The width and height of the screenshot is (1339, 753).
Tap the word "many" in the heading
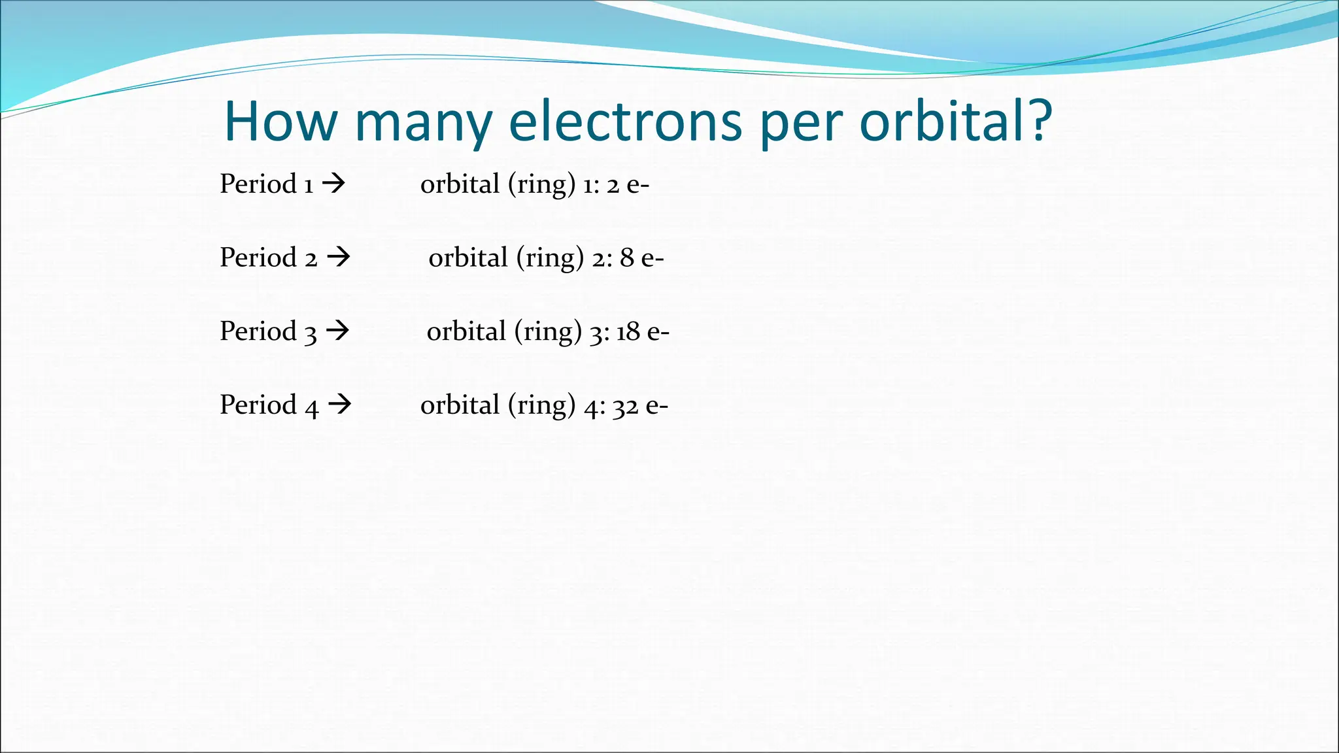424,124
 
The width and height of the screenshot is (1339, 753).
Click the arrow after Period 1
334,184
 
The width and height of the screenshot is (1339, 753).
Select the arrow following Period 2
339,257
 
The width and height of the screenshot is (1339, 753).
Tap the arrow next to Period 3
337,331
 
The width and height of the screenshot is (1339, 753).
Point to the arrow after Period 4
339,405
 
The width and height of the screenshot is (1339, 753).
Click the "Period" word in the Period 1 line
258,184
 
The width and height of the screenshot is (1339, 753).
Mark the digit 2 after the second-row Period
311,259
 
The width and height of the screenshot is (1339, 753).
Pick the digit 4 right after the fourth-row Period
312,407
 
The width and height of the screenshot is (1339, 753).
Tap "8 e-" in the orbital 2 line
641,258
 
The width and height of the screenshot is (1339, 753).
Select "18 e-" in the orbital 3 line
643,332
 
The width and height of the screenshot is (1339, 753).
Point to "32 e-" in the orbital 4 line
640,406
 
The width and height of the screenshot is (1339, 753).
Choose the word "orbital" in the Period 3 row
466,331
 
